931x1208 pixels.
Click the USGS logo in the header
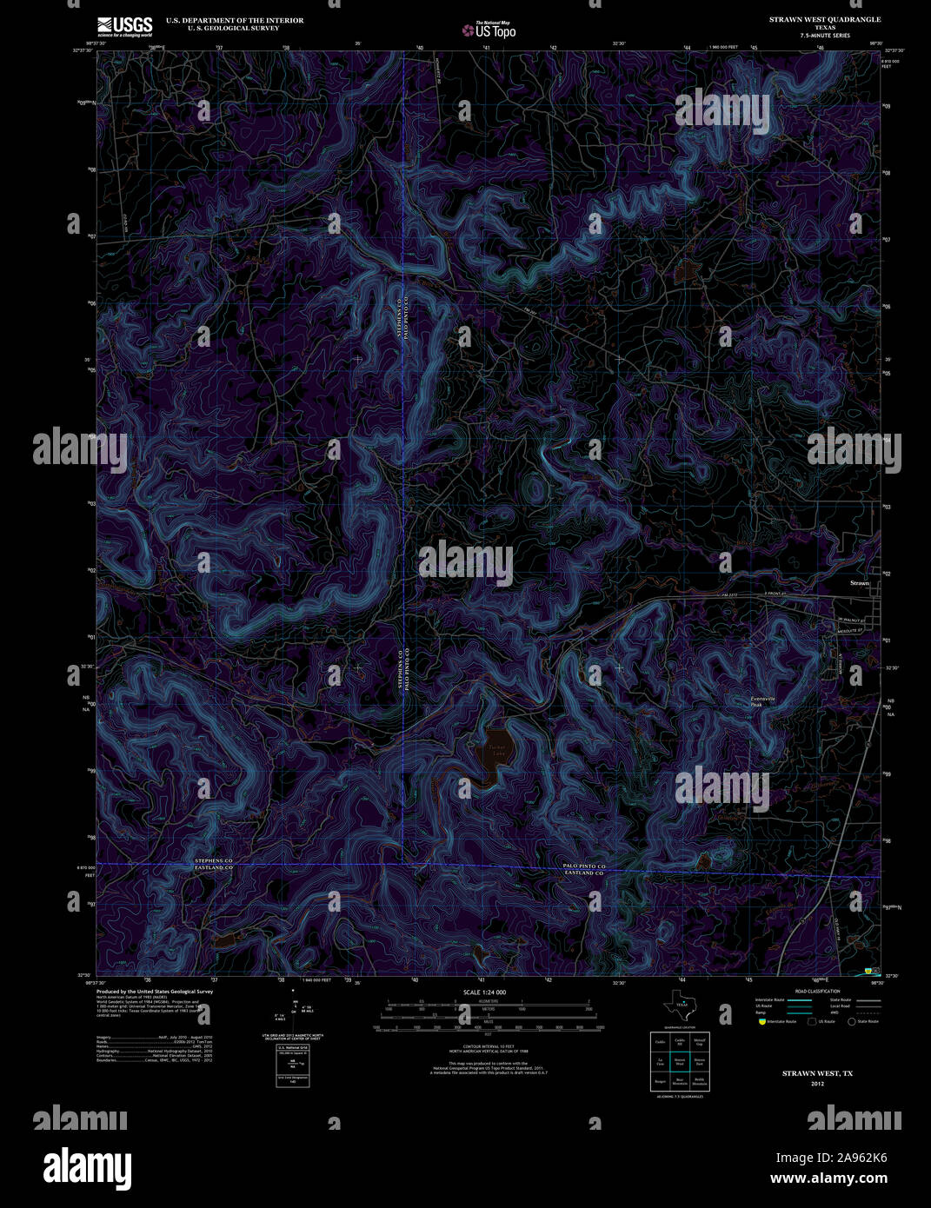124,25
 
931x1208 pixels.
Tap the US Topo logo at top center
489,30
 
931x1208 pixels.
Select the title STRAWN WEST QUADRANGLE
824,19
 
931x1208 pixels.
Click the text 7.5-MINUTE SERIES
825,35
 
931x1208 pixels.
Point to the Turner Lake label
496,751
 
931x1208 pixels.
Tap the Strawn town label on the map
860,583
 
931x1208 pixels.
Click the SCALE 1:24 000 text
485,992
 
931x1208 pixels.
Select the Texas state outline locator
680,1007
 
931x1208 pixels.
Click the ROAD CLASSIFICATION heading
817,992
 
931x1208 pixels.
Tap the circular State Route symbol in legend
852,1022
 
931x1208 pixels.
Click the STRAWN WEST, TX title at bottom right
817,1073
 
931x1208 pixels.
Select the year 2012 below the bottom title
817,1084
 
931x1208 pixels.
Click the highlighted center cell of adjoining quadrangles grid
680,1062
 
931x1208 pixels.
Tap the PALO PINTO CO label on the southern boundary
584,866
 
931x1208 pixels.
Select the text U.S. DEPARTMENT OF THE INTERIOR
235,20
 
